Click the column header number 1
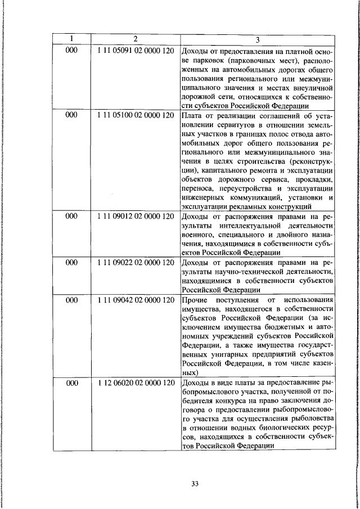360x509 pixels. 71,39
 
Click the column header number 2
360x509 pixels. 135,39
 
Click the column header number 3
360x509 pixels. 257,39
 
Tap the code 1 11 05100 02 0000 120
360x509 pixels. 135,115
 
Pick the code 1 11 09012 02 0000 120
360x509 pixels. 135,215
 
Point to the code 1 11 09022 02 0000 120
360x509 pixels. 135,262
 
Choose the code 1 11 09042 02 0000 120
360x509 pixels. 135,300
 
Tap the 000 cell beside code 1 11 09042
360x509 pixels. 71,300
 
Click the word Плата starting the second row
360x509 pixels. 192,116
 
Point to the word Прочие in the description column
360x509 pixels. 196,300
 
